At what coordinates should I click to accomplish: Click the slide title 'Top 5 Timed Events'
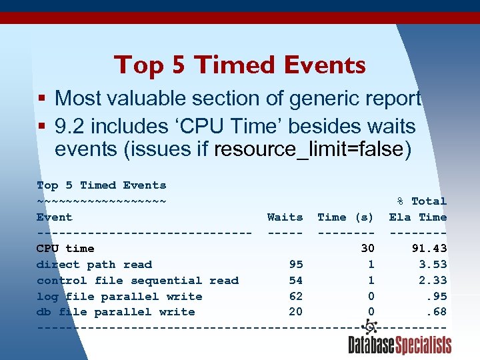pyautogui.click(x=240, y=65)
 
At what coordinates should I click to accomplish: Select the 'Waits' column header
pyautogui.click(x=285, y=217)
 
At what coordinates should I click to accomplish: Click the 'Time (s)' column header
pyautogui.click(x=345, y=217)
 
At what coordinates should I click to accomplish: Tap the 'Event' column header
pyautogui.click(x=55, y=217)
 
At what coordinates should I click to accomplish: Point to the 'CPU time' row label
pyautogui.click(x=65, y=249)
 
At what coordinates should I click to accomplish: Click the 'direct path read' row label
pyautogui.click(x=94, y=265)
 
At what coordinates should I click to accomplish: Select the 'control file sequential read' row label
pyautogui.click(x=137, y=281)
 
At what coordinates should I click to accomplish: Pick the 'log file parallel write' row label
pyautogui.click(x=119, y=297)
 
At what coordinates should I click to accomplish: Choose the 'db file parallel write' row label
pyautogui.click(x=116, y=312)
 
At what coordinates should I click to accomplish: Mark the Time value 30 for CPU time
pyautogui.click(x=367, y=249)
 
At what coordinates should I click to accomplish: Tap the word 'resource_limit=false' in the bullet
pyautogui.click(x=308, y=149)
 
